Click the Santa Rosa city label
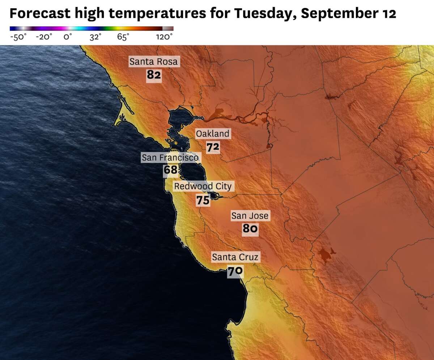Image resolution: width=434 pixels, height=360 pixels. [154, 62]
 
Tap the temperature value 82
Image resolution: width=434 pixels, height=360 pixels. [154, 75]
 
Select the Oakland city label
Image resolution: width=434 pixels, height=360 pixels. [213, 134]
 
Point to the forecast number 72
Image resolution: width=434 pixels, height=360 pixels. [213, 147]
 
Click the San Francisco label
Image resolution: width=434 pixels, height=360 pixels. [170, 157]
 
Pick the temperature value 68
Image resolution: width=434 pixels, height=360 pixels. [170, 170]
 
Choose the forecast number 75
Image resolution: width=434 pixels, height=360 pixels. [203, 200]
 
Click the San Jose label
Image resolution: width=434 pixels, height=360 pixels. [250, 216]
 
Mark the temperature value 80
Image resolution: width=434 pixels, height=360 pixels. [250, 229]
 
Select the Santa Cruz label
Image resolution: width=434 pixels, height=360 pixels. [235, 257]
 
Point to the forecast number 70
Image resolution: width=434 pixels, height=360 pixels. [235, 271]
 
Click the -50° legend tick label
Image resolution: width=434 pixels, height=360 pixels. [18, 37]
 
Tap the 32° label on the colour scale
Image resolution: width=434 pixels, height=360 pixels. [95, 37]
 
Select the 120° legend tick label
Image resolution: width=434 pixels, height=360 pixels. [164, 37]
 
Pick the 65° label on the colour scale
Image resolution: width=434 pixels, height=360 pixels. [123, 37]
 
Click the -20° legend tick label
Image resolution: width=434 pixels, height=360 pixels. [44, 37]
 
